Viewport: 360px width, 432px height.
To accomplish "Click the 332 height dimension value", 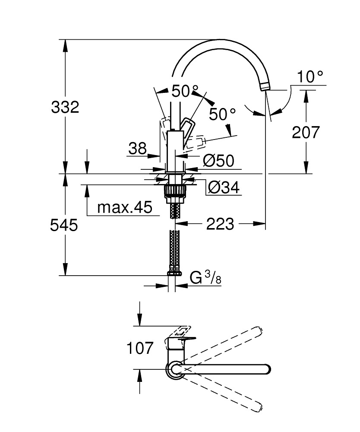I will (65, 107).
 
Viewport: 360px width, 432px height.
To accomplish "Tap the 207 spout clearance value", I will (306, 132).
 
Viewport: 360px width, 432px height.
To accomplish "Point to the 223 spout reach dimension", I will (220, 224).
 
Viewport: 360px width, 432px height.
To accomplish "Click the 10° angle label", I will (310, 77).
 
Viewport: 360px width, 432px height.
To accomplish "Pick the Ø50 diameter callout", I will (218, 161).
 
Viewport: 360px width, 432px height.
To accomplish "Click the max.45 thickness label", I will (125, 208).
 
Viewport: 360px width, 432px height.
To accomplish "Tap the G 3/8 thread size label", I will (205, 278).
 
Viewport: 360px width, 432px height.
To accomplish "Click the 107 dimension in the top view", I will (140, 348).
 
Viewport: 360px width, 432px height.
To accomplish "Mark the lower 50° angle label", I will (222, 114).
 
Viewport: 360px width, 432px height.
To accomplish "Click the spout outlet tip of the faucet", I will (264, 88).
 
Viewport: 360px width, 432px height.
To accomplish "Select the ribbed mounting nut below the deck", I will (175, 191).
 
